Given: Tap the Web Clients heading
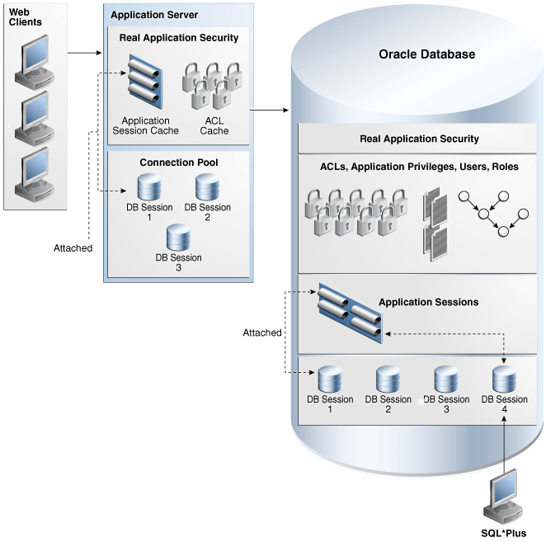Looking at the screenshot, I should pyautogui.click(x=25, y=16).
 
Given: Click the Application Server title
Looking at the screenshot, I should pyautogui.click(x=153, y=15).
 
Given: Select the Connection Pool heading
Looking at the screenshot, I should pyautogui.click(x=178, y=162).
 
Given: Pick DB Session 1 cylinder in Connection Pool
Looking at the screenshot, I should pyautogui.click(x=149, y=186).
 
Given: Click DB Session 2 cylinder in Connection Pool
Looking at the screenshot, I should pyautogui.click(x=207, y=186).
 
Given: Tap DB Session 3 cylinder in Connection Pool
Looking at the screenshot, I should pyautogui.click(x=178, y=237).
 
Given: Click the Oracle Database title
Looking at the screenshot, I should pyautogui.click(x=426, y=54).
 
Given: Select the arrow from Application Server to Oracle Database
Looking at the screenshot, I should pyautogui.click(x=269, y=109).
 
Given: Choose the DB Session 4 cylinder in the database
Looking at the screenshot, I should pyautogui.click(x=504, y=379).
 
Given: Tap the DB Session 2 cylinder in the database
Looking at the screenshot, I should pyautogui.click(x=388, y=379).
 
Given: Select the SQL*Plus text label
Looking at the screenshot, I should pyautogui.click(x=503, y=533).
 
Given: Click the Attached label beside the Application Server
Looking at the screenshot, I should pyautogui.click(x=73, y=247).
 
